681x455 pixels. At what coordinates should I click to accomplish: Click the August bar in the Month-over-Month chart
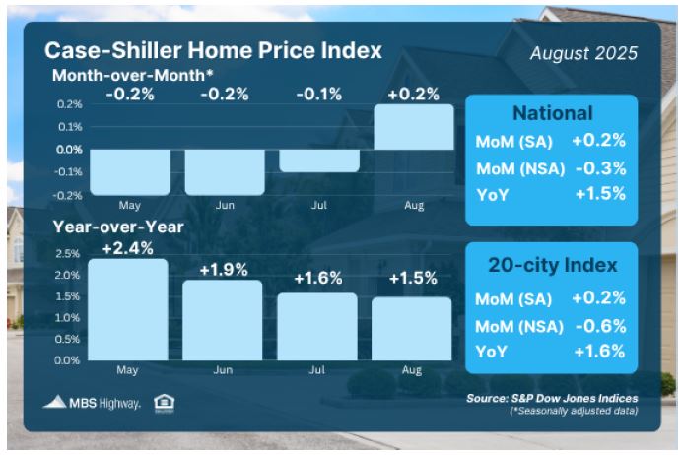click(x=414, y=127)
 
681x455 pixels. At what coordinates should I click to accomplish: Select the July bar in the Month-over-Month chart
click(x=319, y=161)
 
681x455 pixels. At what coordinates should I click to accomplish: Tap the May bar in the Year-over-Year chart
click(x=128, y=309)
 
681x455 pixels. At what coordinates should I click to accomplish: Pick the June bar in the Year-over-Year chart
click(x=223, y=320)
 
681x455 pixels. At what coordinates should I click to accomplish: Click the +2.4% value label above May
click(x=128, y=249)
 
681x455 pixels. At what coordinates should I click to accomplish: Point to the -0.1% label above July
click(x=319, y=95)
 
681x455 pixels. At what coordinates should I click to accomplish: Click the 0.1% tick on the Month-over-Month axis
click(x=70, y=127)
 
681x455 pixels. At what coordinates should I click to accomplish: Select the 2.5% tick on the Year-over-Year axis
click(x=67, y=253)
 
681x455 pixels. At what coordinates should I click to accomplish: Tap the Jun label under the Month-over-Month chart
click(x=225, y=205)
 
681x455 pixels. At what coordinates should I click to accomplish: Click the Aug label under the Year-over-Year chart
click(x=412, y=370)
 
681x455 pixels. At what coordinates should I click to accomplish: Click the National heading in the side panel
click(x=553, y=113)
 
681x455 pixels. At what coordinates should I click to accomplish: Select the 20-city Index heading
click(x=553, y=265)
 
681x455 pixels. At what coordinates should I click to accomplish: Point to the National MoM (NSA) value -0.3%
click(x=601, y=168)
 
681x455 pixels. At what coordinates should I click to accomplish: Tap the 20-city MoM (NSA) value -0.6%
click(x=601, y=326)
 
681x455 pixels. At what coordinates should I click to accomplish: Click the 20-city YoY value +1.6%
click(x=600, y=351)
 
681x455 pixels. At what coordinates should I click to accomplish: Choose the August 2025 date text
click(x=583, y=53)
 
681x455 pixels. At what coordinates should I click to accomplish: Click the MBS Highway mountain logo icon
click(x=55, y=402)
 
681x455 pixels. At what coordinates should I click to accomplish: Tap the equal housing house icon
click(x=165, y=404)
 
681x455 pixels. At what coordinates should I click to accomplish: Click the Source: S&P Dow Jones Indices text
click(x=552, y=398)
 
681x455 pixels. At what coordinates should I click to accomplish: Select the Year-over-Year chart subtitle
click(x=118, y=227)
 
